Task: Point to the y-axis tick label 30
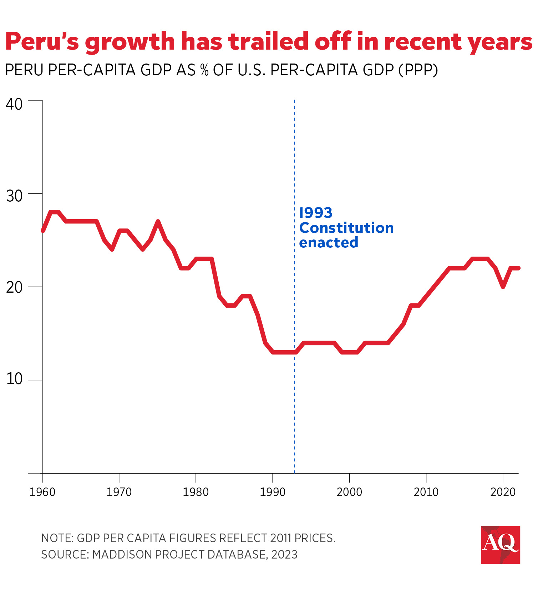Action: pyautogui.click(x=14, y=196)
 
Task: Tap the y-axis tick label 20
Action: pyautogui.click(x=14, y=287)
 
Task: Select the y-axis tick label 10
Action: pyautogui.click(x=14, y=379)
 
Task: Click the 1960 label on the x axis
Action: pyautogui.click(x=42, y=492)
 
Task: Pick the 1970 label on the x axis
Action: pyautogui.click(x=119, y=492)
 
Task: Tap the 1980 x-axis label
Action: pyautogui.click(x=196, y=492)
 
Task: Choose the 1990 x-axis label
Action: pyautogui.click(x=273, y=492)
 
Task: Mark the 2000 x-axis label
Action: pyautogui.click(x=349, y=492)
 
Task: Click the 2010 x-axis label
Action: pyautogui.click(x=426, y=492)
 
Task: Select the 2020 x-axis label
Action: pyautogui.click(x=503, y=492)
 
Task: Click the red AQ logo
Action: pyautogui.click(x=500, y=545)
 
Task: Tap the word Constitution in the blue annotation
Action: pyautogui.click(x=346, y=228)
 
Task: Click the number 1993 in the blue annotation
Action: pyautogui.click(x=316, y=213)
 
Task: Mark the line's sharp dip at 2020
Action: pyautogui.click(x=503, y=287)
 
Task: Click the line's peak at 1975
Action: pyautogui.click(x=158, y=222)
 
